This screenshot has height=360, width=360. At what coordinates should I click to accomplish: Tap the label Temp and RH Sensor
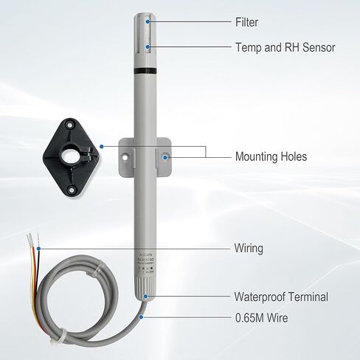point(285,48)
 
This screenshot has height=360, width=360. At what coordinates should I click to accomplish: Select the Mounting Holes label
point(271,156)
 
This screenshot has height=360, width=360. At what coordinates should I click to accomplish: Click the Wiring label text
point(249,249)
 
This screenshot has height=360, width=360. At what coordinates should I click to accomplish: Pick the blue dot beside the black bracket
point(101,146)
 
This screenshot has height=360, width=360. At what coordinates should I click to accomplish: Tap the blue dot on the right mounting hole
point(166,156)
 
